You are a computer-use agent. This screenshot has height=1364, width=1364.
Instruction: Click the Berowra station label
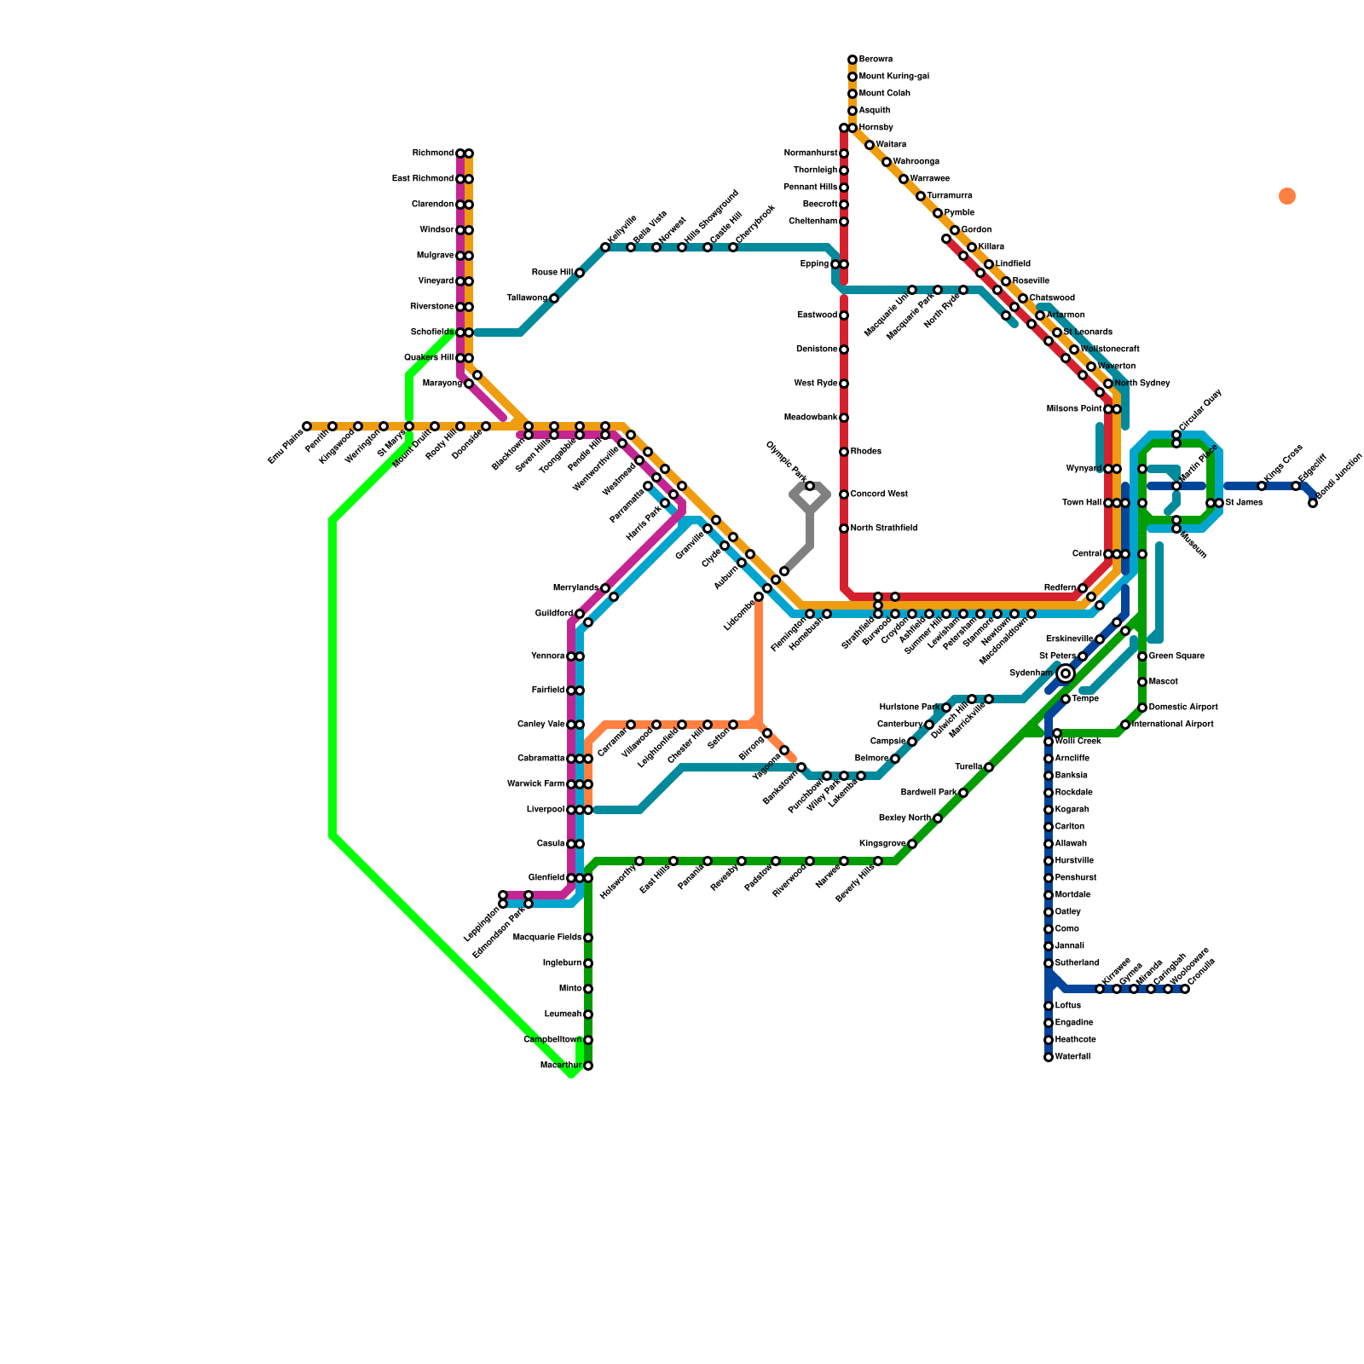(876, 60)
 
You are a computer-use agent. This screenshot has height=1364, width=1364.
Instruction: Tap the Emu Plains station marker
(307, 426)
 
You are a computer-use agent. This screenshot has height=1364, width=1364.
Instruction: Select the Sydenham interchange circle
(1066, 673)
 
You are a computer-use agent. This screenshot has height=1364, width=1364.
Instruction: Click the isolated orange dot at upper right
(1287, 196)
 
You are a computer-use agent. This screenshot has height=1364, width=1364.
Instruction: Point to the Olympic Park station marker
(810, 486)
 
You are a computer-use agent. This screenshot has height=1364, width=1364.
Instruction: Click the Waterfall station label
(1072, 1057)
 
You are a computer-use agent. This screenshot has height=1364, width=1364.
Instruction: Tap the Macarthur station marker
(588, 1066)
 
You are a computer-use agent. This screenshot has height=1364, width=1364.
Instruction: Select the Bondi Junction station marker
(1313, 503)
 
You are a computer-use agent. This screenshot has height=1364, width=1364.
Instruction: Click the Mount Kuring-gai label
(893, 77)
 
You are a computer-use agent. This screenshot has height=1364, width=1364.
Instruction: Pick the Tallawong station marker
(554, 298)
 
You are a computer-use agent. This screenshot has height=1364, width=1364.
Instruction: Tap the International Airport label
(1173, 725)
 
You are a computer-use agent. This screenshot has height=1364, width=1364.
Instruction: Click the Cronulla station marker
(1185, 989)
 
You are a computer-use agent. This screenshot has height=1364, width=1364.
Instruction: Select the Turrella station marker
(989, 767)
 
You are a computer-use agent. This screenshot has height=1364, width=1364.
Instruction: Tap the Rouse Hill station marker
(580, 273)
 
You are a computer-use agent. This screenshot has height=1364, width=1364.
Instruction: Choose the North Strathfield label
(883, 529)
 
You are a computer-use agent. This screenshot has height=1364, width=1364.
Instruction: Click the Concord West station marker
(844, 494)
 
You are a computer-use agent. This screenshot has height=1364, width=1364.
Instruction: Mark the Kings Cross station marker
(1262, 486)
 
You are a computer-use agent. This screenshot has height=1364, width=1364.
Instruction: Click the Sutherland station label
(1077, 963)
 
